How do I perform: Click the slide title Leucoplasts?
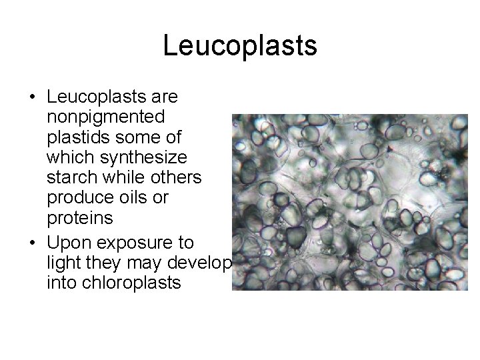pos(240,45)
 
